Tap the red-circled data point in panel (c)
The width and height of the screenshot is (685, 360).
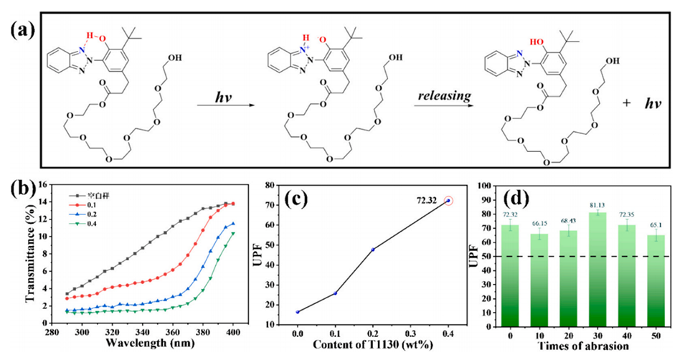[x=449, y=201]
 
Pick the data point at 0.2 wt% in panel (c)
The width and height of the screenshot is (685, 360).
[x=373, y=249]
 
